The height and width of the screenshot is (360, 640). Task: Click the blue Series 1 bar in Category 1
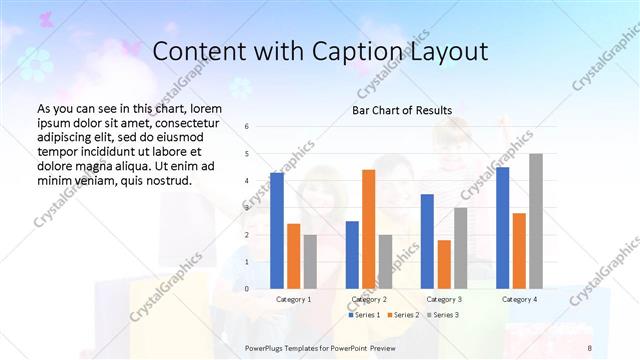277,230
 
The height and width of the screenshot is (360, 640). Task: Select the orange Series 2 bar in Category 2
369,229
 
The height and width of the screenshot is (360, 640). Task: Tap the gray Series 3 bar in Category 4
536,221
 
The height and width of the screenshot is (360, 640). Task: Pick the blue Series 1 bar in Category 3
427,241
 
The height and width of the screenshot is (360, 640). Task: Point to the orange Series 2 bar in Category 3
444,264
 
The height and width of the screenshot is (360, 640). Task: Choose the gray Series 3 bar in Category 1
310,261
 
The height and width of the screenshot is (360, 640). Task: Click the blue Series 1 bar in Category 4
502,227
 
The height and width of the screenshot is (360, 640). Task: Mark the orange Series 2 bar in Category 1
293,256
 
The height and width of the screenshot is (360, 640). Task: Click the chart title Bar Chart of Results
402,110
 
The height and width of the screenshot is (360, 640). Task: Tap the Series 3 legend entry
442,315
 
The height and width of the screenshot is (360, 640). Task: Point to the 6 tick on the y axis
247,127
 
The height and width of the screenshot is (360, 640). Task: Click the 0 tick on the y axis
247,289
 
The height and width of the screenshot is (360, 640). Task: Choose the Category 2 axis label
369,299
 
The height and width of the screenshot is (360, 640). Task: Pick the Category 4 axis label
519,299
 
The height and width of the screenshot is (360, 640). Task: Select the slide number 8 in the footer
590,347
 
